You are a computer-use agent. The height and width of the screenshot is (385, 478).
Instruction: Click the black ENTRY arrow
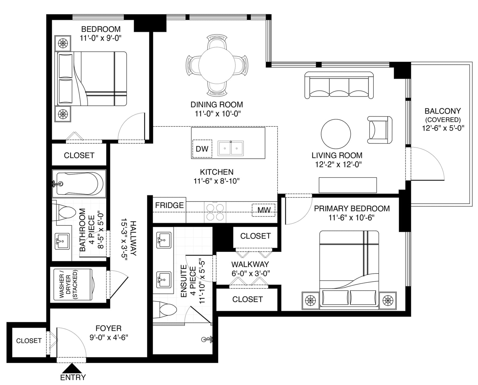(72, 368)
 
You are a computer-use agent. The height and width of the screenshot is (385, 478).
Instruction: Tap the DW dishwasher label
(202, 149)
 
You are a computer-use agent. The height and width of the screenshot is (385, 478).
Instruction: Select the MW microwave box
(263, 210)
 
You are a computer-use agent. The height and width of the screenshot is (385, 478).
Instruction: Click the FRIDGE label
(169, 205)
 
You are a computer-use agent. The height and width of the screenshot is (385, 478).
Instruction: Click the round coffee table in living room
(336, 134)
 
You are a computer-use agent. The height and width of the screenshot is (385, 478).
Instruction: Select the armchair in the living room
(379, 130)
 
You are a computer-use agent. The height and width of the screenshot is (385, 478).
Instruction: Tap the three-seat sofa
(339, 85)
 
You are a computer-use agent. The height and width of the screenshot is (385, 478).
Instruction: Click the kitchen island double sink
(231, 148)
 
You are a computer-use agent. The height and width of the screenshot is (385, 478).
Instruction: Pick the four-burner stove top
(215, 212)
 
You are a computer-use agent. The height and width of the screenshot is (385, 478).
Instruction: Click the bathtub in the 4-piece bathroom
(79, 184)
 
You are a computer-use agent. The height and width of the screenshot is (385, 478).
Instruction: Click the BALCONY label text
(443, 111)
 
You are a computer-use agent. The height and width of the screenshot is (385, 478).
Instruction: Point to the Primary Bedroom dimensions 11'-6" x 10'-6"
(352, 218)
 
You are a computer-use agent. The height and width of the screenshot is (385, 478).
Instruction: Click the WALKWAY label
(250, 264)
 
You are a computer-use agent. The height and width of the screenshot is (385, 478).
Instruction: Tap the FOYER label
(108, 328)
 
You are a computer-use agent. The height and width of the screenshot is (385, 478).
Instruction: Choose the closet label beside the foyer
(29, 341)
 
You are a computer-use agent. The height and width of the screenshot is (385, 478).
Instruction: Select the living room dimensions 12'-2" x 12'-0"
(338, 164)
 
